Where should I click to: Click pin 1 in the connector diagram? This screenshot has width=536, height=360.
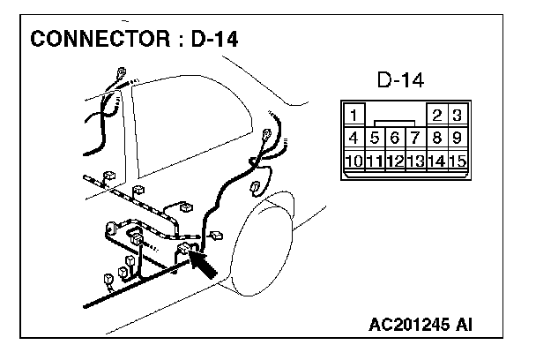tap(354, 116)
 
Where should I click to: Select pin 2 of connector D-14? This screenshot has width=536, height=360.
tap(436, 116)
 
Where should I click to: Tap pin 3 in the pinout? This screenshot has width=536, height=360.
tap(457, 116)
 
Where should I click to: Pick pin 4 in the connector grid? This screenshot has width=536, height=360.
tap(354, 138)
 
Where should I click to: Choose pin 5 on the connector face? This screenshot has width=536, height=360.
tap(375, 138)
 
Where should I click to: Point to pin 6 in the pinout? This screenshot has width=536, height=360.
tap(395, 138)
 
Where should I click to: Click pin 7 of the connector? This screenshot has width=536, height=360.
tap(415, 138)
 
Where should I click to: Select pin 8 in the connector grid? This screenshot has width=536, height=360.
tap(436, 138)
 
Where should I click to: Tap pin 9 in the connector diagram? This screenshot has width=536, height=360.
tap(457, 138)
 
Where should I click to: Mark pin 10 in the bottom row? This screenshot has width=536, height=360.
tap(354, 161)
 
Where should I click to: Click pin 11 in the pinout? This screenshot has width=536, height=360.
tap(375, 161)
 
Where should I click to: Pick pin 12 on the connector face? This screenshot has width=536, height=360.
tap(395, 161)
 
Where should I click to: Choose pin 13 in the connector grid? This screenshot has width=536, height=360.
tap(415, 161)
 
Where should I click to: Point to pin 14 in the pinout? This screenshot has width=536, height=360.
tap(436, 161)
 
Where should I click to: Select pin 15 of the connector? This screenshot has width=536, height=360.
tap(457, 161)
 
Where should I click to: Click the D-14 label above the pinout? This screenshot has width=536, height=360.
tap(402, 81)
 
